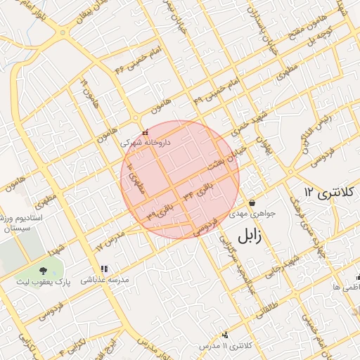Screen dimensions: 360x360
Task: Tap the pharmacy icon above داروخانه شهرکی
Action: pos(146,132)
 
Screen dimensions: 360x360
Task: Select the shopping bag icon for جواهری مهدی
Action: pos(252,203)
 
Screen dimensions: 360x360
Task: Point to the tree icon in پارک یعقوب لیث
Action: pos(44,269)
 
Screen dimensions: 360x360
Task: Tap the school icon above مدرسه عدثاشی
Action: pos(104,269)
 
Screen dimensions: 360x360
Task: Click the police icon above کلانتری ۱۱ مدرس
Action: pos(225,335)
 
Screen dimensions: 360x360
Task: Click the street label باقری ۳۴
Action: pos(198,191)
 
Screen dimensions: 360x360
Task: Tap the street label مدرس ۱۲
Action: pos(110,243)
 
